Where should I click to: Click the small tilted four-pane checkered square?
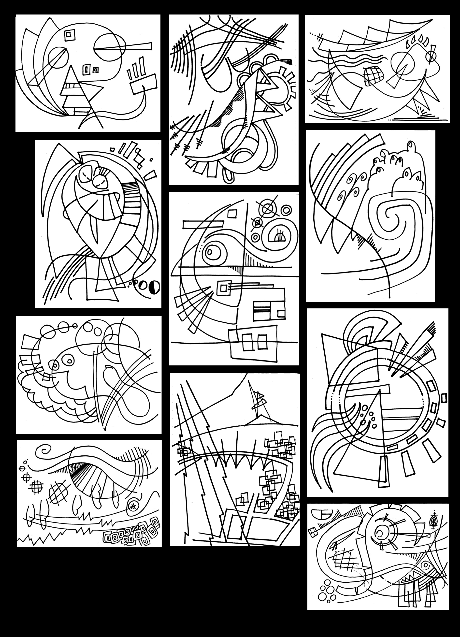pyautogui.click(x=312, y=531)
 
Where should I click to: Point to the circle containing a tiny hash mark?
pyautogui.click(x=133, y=506)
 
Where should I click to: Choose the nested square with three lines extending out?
pyautogui.click(x=224, y=288)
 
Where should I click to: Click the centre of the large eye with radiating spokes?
pyautogui.click(x=381, y=533)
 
